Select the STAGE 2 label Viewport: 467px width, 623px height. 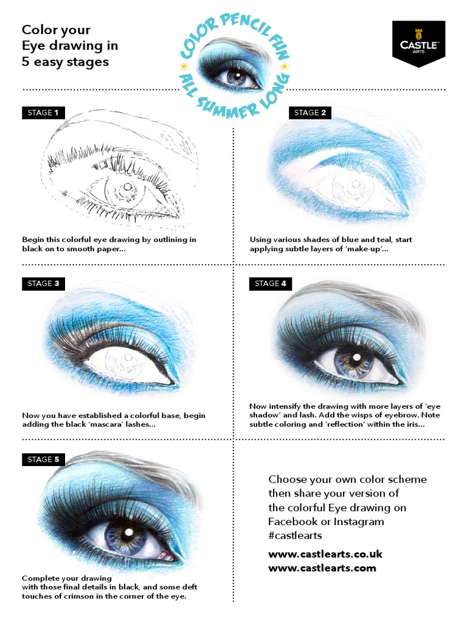(310, 113)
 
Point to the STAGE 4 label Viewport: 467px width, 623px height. (271, 284)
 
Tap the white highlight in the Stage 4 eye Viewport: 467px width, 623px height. (356, 357)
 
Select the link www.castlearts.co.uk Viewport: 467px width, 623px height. (325, 554)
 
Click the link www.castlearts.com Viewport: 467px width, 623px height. (322, 568)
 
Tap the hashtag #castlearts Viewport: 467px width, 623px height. (296, 536)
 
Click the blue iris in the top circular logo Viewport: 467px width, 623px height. (233, 77)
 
